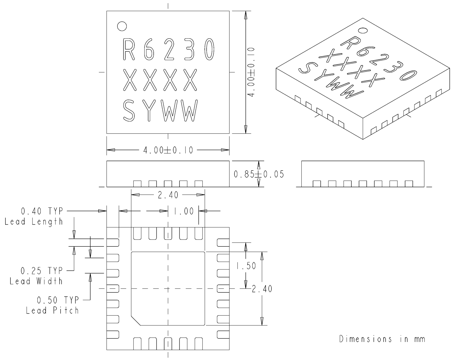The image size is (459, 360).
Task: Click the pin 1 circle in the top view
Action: coord(122,26)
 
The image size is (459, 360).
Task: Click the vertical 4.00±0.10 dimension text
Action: coord(252,72)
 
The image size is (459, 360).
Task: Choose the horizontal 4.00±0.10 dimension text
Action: coord(168,150)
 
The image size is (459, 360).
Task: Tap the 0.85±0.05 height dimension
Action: coord(259,174)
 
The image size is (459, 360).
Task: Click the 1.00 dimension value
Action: coord(184,211)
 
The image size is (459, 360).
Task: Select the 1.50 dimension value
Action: coord(245,266)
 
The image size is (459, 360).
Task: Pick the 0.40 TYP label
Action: coord(42,211)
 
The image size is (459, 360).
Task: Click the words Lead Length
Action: coord(34,221)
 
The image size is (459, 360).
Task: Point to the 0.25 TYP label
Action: coord(42,271)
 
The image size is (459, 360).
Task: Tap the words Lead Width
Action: coord(36,281)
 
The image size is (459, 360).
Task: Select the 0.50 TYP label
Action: coord(58,299)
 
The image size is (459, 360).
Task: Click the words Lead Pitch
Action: coord(52,310)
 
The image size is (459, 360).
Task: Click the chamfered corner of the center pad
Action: coord(136,321)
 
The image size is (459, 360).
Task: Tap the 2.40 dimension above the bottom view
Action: coord(168,195)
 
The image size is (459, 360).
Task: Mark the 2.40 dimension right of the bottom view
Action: coord(262,289)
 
